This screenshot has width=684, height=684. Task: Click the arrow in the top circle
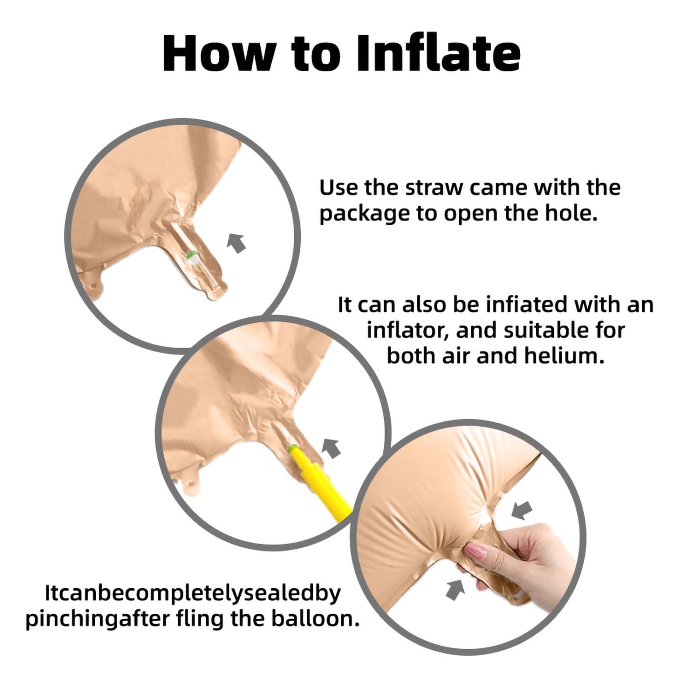click(237, 243)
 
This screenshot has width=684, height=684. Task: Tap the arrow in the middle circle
click(332, 448)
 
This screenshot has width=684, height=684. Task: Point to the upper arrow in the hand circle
click(522, 510)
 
